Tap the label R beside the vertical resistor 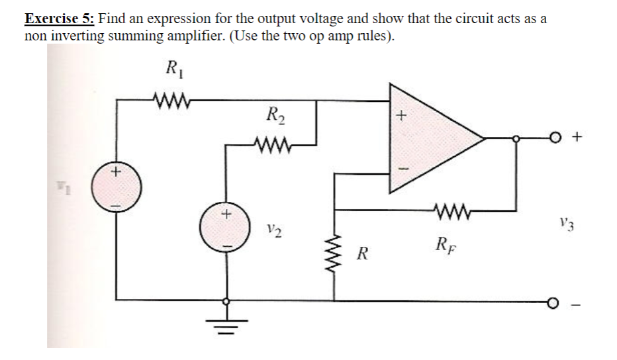(361, 252)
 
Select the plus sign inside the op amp (399, 114)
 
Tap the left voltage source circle (117, 189)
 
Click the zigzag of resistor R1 (172, 101)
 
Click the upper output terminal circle (560, 138)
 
